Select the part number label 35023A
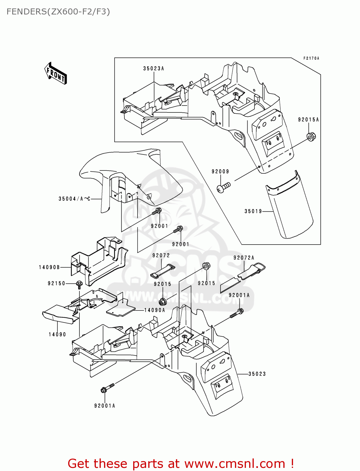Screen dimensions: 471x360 tap(154, 68)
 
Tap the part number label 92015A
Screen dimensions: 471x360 tap(308, 120)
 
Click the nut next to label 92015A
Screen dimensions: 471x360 tap(311, 137)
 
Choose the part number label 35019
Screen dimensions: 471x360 tap(253, 211)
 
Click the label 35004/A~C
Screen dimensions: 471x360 tap(74, 199)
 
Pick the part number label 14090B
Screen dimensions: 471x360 tap(49, 267)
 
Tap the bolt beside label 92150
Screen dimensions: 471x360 tap(79, 284)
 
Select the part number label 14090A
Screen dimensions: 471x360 tap(155, 310)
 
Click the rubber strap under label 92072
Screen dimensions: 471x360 tap(162, 271)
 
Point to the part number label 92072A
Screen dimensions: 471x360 tap(244, 258)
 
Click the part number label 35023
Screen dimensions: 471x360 tap(257, 374)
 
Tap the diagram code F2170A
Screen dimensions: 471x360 tap(311, 58)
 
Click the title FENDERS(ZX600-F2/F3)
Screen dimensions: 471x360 tap(58, 12)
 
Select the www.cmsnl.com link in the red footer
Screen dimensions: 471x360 tap(235, 464)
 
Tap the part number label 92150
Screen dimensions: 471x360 tap(57, 284)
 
